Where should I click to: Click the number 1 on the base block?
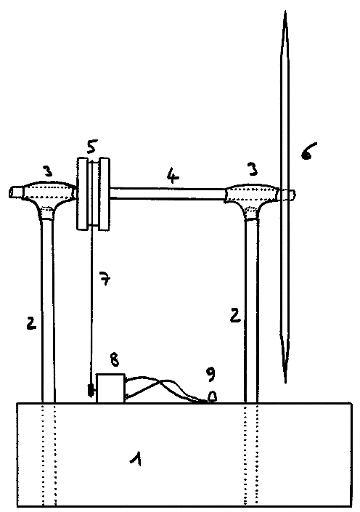click(x=136, y=458)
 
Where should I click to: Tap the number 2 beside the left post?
click(x=31, y=322)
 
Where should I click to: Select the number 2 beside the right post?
click(x=235, y=314)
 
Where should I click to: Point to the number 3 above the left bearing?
click(x=48, y=171)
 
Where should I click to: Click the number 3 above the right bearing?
click(x=253, y=168)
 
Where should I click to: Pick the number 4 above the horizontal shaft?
click(x=173, y=176)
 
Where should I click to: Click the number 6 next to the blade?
click(x=306, y=151)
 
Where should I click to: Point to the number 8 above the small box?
click(x=115, y=359)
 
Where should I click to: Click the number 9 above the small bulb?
click(x=210, y=374)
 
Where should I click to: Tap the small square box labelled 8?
click(x=110, y=389)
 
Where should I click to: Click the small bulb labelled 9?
click(x=212, y=397)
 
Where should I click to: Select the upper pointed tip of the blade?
click(x=285, y=12)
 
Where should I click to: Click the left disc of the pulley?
click(x=82, y=193)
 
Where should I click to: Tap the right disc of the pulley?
click(x=105, y=194)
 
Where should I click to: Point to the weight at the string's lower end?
click(x=91, y=391)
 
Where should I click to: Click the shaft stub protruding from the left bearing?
click(x=16, y=192)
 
